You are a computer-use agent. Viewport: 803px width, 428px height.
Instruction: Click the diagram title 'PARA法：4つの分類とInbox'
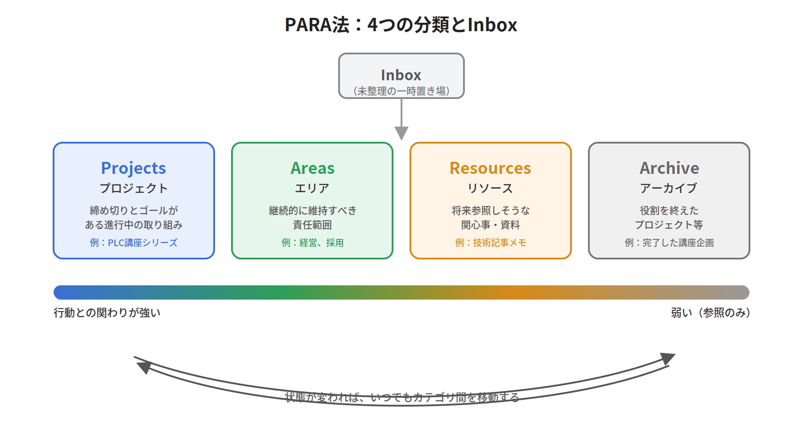pyautogui.click(x=401, y=25)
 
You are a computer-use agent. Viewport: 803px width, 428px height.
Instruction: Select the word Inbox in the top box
pyautogui.click(x=401, y=75)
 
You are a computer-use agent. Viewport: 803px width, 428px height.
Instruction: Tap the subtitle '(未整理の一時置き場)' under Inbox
pyautogui.click(x=401, y=91)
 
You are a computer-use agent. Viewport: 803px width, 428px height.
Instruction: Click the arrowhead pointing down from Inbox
pyautogui.click(x=401, y=133)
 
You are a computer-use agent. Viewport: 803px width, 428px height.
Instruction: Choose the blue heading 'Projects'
pyautogui.click(x=133, y=169)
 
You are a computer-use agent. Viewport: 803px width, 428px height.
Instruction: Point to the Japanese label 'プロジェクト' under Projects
pyautogui.click(x=133, y=188)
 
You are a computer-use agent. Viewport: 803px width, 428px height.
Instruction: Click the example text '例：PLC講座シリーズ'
pyautogui.click(x=133, y=243)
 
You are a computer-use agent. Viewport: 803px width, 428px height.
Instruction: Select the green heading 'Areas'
pyautogui.click(x=312, y=169)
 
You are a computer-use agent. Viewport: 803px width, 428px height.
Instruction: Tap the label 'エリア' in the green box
pyautogui.click(x=312, y=188)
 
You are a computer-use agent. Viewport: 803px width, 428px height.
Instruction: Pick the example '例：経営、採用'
pyautogui.click(x=312, y=243)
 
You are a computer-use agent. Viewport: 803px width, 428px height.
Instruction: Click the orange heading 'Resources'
pyautogui.click(x=490, y=169)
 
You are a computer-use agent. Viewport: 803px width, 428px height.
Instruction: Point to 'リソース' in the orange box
pyautogui.click(x=490, y=188)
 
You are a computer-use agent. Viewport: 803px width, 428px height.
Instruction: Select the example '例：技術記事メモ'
pyautogui.click(x=490, y=243)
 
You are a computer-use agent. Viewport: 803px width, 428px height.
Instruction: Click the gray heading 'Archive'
pyautogui.click(x=669, y=169)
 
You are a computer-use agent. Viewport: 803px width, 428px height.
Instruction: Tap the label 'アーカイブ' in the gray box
pyautogui.click(x=669, y=188)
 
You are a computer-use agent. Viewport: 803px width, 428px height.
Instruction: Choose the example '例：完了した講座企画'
pyautogui.click(x=669, y=243)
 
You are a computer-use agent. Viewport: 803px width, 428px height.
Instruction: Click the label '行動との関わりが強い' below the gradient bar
pyautogui.click(x=107, y=313)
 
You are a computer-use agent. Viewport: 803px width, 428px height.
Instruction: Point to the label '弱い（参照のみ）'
pyautogui.click(x=711, y=313)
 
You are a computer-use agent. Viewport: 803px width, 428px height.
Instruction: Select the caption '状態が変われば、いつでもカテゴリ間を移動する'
pyautogui.click(x=402, y=397)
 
